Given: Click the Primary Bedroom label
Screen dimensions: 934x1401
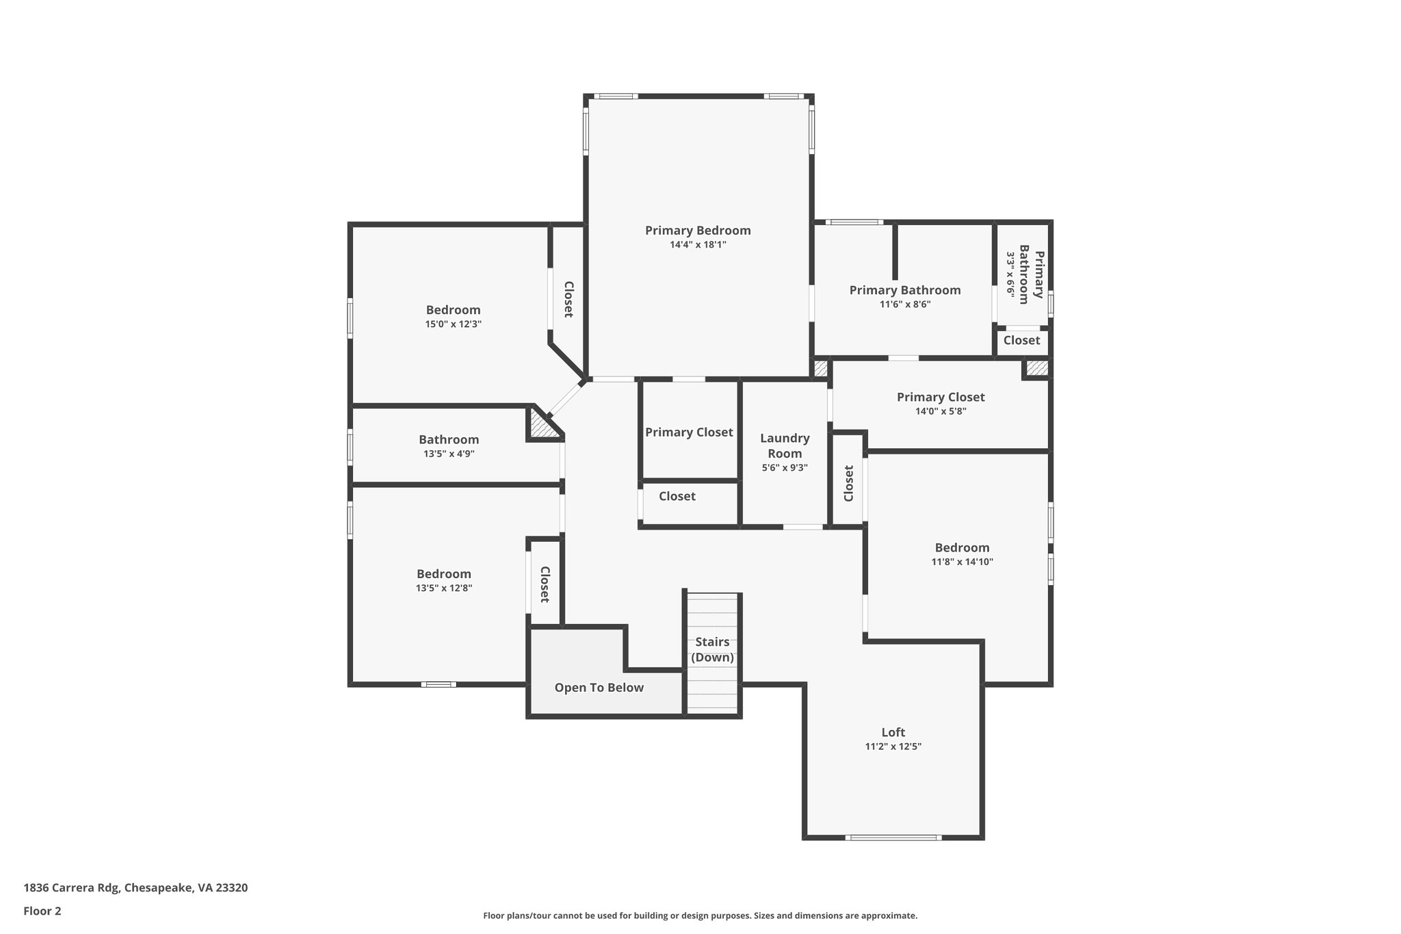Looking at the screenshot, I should point(698,231).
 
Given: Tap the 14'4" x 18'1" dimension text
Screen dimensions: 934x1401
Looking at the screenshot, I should point(698,245).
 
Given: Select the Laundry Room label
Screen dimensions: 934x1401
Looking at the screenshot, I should point(785,445).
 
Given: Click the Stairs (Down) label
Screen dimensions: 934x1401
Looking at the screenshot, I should point(712,649).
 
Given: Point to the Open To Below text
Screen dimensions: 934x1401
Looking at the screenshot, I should point(599,688).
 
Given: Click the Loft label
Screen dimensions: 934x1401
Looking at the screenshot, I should point(893,732).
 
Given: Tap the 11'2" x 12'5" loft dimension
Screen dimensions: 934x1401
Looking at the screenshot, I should point(893,747).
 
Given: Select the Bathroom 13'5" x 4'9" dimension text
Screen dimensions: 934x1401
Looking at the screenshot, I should point(449,454).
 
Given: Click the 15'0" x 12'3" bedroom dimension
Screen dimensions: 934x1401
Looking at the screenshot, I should point(453,324).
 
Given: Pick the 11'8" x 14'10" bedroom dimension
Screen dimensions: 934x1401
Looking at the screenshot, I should point(962,562).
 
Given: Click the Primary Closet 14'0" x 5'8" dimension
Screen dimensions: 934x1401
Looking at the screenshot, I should point(941,411).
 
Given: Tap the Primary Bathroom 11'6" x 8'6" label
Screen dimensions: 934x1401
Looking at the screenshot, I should point(904,290).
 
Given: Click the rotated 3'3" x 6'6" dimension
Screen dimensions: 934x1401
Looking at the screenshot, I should point(1010,274).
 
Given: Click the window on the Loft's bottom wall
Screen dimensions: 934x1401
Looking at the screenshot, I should point(893,838).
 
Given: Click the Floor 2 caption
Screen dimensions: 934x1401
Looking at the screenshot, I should point(42,911).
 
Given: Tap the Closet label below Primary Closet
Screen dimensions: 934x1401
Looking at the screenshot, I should point(677,496).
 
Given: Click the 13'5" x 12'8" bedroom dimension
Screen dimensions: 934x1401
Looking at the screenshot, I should point(444,588).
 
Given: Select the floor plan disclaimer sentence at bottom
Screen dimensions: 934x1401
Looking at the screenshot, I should point(700,916).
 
